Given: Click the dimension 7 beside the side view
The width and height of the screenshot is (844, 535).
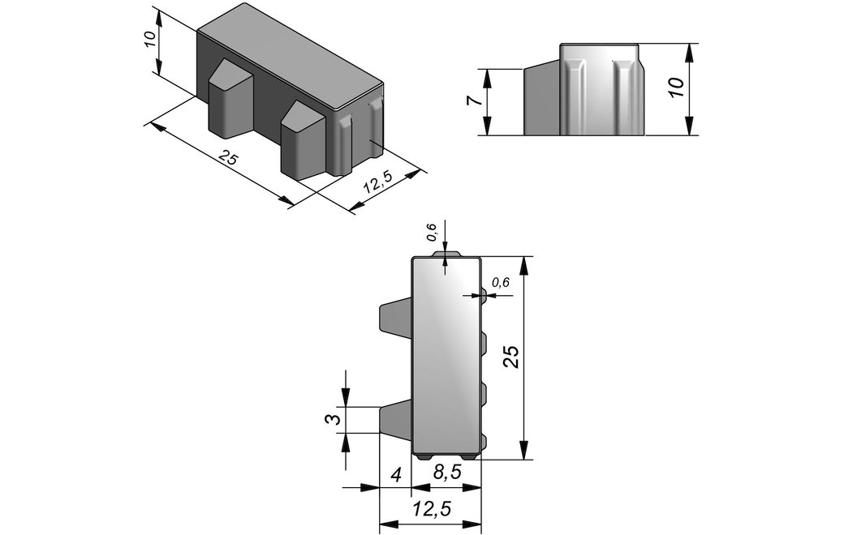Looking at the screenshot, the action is [x=471, y=101].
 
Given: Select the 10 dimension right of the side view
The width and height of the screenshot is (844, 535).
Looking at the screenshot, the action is [x=676, y=87].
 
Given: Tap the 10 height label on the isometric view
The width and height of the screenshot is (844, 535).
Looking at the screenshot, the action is [x=150, y=39].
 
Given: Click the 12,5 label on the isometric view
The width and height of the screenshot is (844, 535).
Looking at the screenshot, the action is [x=377, y=183].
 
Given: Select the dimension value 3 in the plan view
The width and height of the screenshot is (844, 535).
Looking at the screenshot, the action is [x=335, y=419].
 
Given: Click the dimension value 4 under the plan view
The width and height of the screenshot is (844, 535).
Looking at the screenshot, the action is [x=396, y=475].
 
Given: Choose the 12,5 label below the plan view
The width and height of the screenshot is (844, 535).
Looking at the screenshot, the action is [x=432, y=508].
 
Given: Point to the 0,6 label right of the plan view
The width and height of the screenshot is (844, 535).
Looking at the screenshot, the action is [x=501, y=283].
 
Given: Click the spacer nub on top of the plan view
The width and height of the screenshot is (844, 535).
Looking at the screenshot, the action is [x=446, y=254].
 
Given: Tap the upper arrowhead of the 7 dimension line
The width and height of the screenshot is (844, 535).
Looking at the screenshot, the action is [x=486, y=77].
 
